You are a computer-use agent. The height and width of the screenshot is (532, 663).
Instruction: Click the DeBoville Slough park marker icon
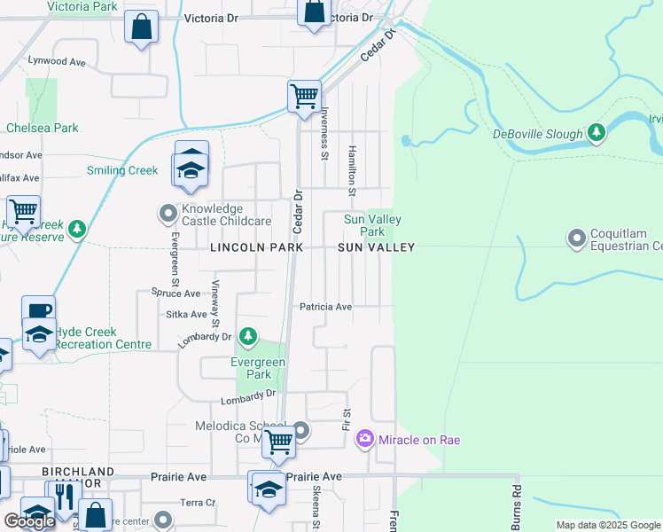(x=597, y=134)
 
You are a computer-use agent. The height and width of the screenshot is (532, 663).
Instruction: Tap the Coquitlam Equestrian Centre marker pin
(x=578, y=237)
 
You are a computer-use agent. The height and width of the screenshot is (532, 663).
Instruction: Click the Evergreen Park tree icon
(x=249, y=336)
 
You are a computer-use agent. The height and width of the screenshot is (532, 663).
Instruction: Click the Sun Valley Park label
(x=372, y=225)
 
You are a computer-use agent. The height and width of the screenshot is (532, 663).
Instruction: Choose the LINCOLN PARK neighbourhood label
(x=256, y=248)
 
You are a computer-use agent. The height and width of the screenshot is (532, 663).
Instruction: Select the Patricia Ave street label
(x=325, y=307)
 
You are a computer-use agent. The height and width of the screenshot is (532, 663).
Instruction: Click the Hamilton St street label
(x=352, y=171)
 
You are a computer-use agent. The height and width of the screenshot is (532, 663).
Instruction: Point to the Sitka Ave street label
(x=186, y=314)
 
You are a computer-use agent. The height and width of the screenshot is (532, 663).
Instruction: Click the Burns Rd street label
(x=514, y=504)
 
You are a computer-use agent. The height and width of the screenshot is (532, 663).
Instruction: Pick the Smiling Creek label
(x=121, y=170)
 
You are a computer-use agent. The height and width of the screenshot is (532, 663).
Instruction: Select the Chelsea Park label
(x=43, y=128)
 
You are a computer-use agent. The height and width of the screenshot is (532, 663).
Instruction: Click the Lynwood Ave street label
(x=56, y=62)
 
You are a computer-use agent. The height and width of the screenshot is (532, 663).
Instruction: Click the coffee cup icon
(x=38, y=310)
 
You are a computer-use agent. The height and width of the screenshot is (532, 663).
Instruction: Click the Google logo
(x=30, y=521)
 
